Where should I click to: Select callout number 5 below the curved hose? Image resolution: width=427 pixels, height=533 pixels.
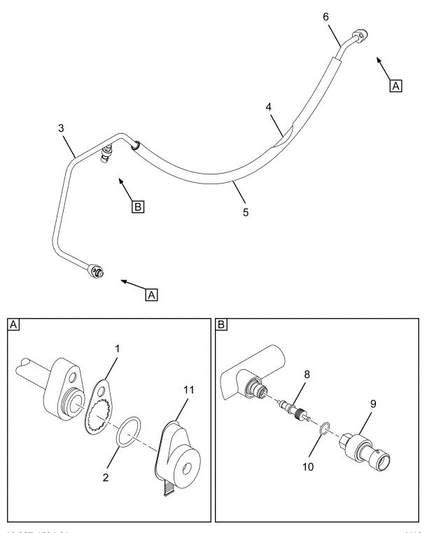tap(245, 209)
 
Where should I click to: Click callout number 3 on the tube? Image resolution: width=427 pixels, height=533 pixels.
tap(62, 130)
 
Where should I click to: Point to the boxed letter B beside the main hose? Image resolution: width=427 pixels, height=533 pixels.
tap(139, 207)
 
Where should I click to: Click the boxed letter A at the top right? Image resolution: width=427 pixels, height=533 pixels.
tap(395, 86)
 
